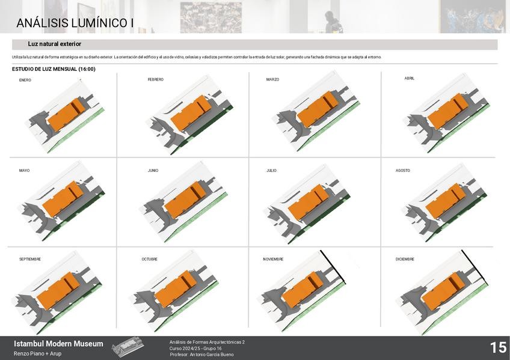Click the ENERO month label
[x=25, y=80]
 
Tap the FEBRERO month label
[x=155, y=79]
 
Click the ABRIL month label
[x=410, y=78]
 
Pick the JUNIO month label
[x=153, y=171]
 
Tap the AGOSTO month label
[x=402, y=171]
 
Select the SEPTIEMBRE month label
[x=29, y=259]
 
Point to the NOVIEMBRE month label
[x=273, y=259]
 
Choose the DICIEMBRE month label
[x=405, y=259]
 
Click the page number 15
[x=497, y=347]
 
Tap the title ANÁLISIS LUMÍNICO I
[x=75, y=23]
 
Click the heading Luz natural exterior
[x=54, y=44]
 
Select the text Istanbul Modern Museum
[x=58, y=344]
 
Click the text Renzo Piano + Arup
[x=37, y=353]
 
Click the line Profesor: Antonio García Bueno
[x=202, y=355]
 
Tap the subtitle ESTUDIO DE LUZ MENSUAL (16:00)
[x=54, y=69]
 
